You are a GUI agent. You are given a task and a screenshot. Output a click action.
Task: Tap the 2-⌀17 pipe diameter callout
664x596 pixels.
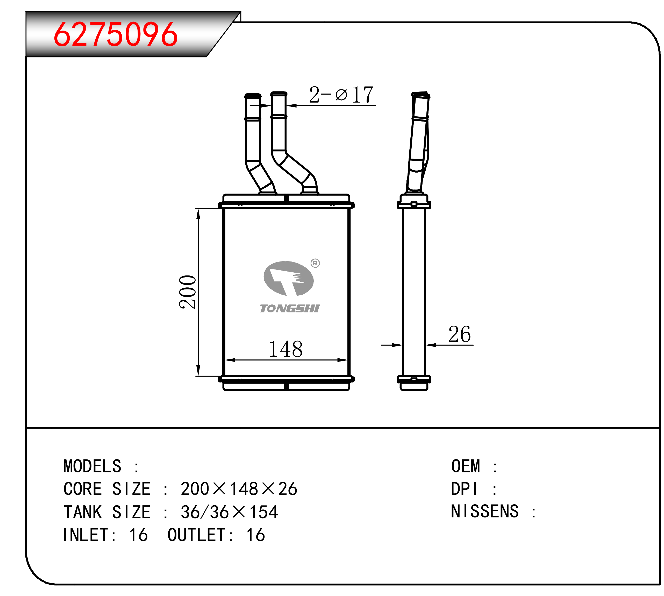click(341, 95)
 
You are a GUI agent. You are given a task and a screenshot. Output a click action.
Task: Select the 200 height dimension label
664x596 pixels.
click(188, 292)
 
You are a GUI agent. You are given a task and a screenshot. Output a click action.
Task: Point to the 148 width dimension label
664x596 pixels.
click(285, 349)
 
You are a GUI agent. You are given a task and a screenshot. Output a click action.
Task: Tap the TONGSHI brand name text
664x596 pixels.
click(289, 308)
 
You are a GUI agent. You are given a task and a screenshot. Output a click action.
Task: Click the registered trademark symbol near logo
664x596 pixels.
click(315, 263)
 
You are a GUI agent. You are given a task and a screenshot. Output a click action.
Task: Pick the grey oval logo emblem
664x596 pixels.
click(288, 278)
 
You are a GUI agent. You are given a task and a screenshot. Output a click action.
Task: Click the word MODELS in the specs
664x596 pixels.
click(92, 466)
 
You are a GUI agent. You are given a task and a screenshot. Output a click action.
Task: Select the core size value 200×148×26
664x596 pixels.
click(239, 488)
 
